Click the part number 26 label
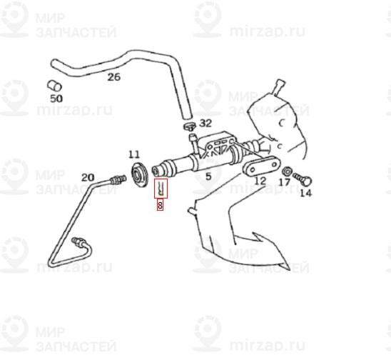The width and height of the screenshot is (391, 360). coord(114,77)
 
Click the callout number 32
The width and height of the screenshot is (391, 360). coord(206,124)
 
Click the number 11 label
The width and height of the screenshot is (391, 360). coord(135,154)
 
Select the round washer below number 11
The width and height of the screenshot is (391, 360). coord(138,174)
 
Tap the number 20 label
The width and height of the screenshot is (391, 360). coord(88,177)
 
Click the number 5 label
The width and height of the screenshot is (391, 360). coord(208,175)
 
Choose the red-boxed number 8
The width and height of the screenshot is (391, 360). coord(161,206)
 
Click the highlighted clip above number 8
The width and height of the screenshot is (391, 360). coord(162,189)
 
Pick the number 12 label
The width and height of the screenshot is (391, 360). coord(260,181)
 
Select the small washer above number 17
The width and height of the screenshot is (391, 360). coord(286,172)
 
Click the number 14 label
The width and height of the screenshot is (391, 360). coord(305,191)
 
